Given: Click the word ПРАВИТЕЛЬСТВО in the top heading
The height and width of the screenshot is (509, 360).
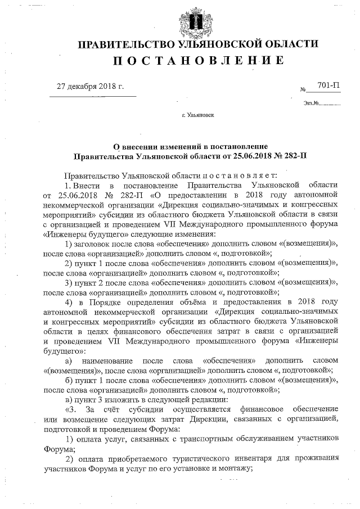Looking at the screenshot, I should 123,44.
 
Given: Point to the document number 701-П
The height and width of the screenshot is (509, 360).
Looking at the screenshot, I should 328,85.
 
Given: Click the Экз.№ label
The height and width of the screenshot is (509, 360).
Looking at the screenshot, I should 311,103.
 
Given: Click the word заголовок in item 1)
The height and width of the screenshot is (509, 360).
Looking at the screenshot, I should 93,242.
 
